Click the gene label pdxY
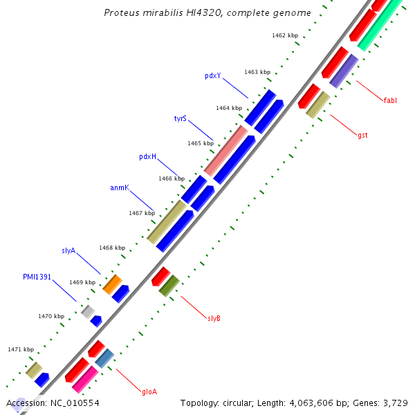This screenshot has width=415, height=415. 212,75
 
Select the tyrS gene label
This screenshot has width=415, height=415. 180,118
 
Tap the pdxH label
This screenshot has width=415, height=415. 147,156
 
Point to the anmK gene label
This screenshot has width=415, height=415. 119,187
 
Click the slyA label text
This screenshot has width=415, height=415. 68,250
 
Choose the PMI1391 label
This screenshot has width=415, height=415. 37,277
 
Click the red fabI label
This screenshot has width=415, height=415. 390,100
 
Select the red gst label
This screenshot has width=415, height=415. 362,135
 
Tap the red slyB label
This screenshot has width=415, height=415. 214,318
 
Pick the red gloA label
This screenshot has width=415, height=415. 149,391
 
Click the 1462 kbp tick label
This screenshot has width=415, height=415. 284,35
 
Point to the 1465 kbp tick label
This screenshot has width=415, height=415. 200,143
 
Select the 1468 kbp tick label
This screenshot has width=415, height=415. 111,248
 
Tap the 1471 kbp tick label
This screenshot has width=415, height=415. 21,349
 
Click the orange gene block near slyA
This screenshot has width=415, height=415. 112,283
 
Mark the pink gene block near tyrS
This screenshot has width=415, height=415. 225,151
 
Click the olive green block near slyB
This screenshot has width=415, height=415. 169,286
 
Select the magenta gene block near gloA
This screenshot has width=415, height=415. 84,380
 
